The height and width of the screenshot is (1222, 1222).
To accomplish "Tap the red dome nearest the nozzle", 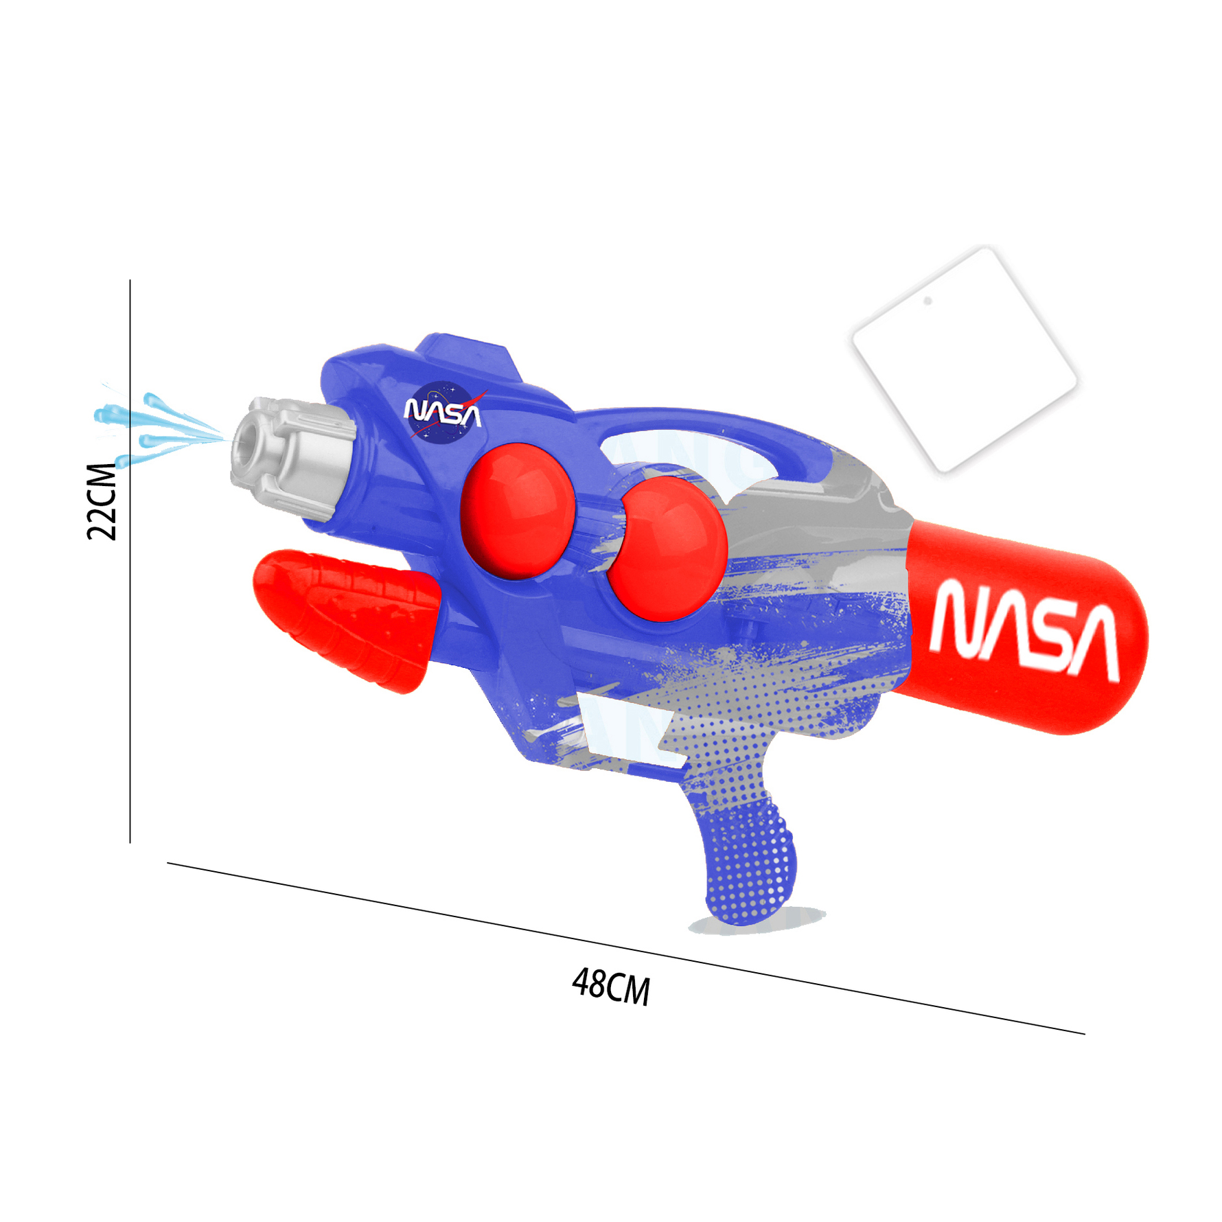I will pos(516,509).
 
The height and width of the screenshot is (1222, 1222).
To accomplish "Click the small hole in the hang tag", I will pos(927,301).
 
